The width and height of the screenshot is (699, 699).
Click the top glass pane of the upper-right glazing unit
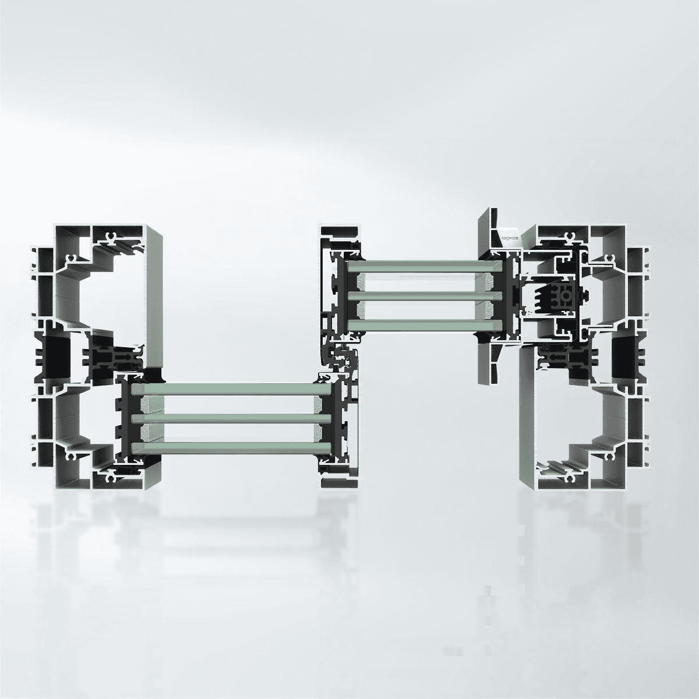coord(423,266)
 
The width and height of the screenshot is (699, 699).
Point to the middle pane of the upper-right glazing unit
coord(423,295)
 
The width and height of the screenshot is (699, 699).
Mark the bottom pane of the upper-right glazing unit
coord(423,324)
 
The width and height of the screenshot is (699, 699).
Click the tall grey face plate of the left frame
coord(153,297)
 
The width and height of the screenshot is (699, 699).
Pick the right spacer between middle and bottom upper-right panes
coord(493,309)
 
